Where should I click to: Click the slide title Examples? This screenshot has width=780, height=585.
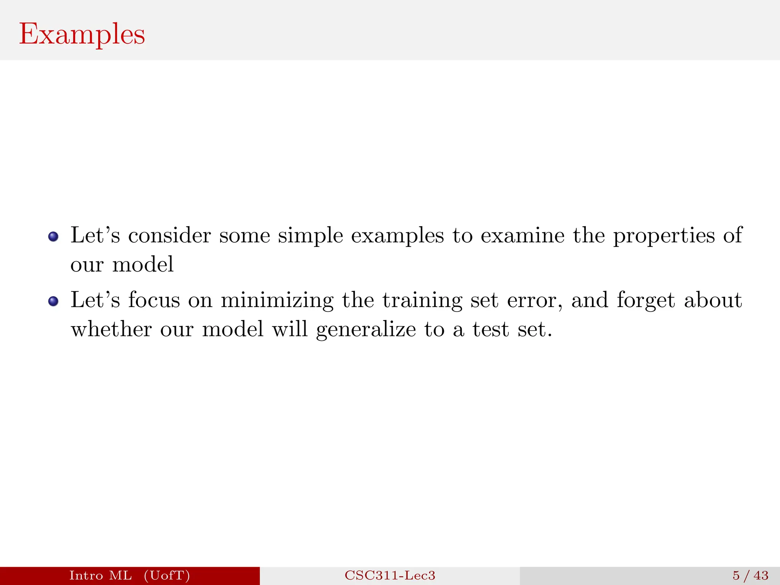pos(82,34)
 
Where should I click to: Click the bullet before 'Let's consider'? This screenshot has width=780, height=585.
pos(53,237)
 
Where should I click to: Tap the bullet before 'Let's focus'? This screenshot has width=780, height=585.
pos(53,302)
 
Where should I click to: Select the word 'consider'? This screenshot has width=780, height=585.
pos(169,235)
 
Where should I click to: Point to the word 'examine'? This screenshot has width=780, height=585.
pos(523,235)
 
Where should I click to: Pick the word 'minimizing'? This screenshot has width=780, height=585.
pos(277,301)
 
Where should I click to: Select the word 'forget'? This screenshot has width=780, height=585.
pos(646,301)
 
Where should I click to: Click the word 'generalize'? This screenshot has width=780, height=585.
pos(366,330)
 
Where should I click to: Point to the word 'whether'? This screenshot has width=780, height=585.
pos(111,329)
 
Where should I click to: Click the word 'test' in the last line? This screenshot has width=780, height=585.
pos(491,329)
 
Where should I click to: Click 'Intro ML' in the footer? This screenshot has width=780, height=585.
pos(100,575)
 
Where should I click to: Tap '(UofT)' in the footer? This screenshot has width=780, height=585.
pos(167,575)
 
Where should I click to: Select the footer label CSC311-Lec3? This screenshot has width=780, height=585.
pos(390,575)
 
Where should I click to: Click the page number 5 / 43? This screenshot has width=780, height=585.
pos(750,575)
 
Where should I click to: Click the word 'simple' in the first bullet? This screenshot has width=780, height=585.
pos(310,236)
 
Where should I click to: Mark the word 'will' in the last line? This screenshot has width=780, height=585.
pos(289,329)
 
